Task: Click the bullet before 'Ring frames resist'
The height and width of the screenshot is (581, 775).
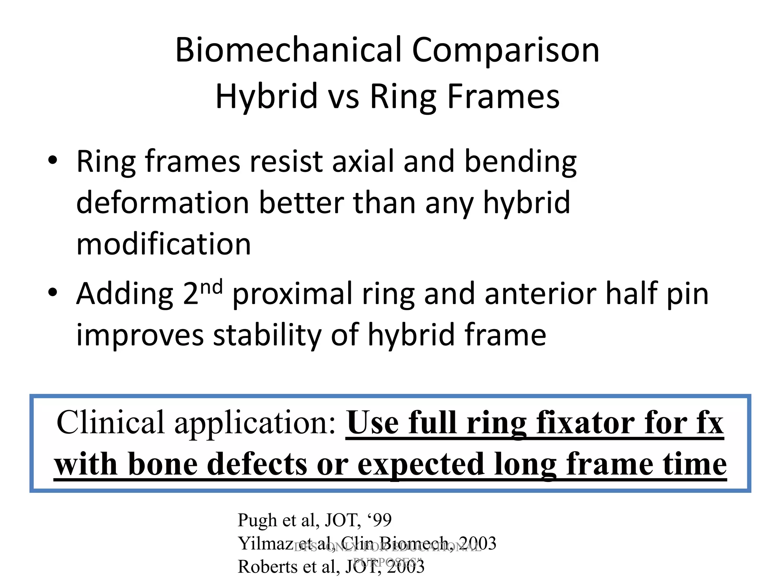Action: pyautogui.click(x=53, y=160)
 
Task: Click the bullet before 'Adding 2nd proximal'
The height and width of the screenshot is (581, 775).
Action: pyautogui.click(x=53, y=292)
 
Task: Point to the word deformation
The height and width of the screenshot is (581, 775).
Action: pyautogui.click(x=163, y=203)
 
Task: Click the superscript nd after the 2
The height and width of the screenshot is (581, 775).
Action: pyautogui.click(x=211, y=287)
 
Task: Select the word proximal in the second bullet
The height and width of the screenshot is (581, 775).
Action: pyautogui.click(x=293, y=294)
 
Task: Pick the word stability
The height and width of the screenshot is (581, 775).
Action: pyautogui.click(x=267, y=335)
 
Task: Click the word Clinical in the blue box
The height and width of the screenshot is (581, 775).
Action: pyautogui.click(x=110, y=423)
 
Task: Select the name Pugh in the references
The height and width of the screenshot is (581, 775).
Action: pyautogui.click(x=257, y=521)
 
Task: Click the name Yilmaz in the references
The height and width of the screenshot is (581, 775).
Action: pyautogui.click(x=263, y=544)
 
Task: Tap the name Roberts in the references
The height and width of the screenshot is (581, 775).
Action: pyautogui.click(x=268, y=567)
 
